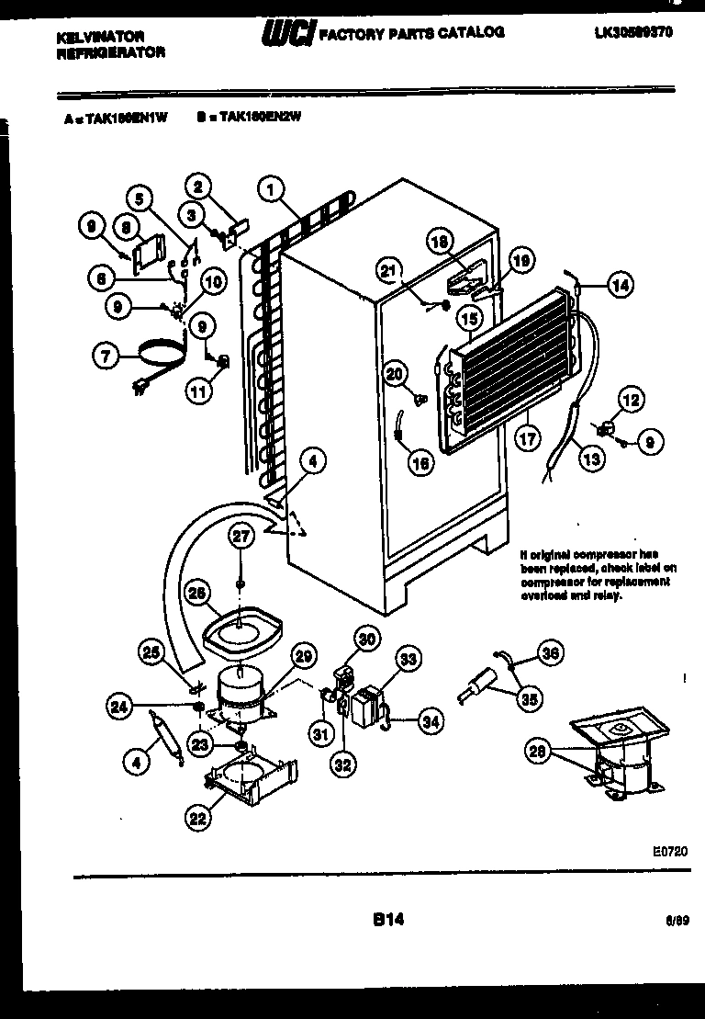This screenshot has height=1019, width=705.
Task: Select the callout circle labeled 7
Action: (x=109, y=355)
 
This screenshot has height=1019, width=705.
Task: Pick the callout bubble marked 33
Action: (x=408, y=658)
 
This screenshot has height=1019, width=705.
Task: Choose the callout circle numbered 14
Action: (x=621, y=286)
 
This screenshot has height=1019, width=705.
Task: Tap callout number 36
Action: (x=549, y=654)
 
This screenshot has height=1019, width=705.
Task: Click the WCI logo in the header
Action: (x=288, y=34)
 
